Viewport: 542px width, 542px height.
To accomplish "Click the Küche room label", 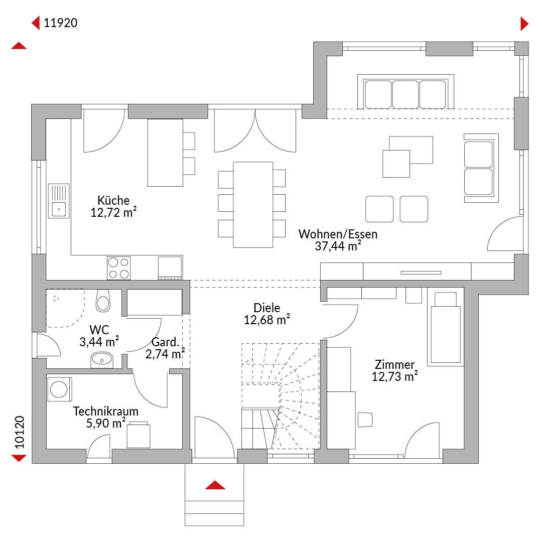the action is coord(113,200).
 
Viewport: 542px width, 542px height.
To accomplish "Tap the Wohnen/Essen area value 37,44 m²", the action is coord(338,246).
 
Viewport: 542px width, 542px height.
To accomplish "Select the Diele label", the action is coord(267,308).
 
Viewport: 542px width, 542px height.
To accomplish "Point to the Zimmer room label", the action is coord(394,364).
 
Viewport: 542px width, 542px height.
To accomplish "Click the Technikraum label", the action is coord(105,412).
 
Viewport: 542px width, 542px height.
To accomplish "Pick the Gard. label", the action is coord(165,342).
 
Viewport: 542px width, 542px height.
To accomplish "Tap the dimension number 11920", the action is coord(61,23).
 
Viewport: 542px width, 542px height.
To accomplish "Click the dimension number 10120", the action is coord(20,432).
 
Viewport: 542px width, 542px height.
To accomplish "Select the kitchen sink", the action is coord(58,201).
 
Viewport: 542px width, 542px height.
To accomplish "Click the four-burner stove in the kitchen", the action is coord(118,268).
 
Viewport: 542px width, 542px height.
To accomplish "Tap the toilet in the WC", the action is coord(103,301).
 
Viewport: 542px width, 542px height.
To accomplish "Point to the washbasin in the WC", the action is coord(101,360).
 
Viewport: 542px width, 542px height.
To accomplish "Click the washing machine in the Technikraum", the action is coord(59,389).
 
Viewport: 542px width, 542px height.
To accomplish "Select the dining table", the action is coord(253,205).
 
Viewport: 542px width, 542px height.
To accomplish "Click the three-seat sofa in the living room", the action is coord(405,92).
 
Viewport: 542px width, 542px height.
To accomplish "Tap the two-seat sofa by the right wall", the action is coord(481,168).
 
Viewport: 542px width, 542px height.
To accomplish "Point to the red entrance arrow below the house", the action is coord(215,485).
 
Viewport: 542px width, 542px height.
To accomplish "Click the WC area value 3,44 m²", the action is coord(99,342).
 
